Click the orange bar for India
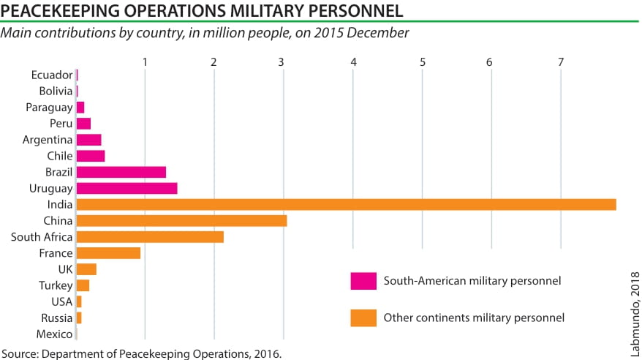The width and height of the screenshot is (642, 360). coord(346,204)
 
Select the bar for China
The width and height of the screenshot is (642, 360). coord(181,221)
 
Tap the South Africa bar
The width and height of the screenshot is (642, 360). coord(150,237)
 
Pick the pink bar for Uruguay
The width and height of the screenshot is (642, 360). coord(126,188)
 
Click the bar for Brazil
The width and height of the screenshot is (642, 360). coord(121,172)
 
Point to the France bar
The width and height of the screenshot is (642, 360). coord(108,253)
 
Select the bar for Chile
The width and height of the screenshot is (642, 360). coord(91,156)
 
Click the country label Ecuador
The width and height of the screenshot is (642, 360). coord(52,75)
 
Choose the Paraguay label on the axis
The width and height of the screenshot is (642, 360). coord(49,107)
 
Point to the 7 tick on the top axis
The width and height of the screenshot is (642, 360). coord(561,62)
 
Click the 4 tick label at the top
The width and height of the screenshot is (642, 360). coord(353,62)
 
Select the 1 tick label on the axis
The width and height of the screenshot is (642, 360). coord(146,62)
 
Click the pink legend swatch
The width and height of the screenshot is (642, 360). coord(363,281)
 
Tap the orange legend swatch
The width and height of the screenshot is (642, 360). coord(363,318)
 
